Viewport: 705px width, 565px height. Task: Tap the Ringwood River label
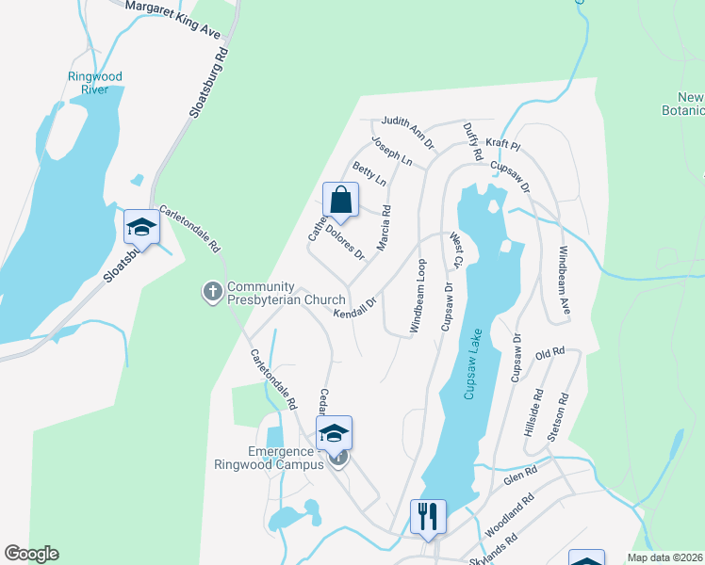pyautogui.click(x=95, y=83)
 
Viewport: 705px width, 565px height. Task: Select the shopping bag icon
pyautogui.click(x=341, y=201)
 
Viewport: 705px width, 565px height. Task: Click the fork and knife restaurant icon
pyautogui.click(x=427, y=515)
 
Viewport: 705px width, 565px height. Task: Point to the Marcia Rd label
pyautogui.click(x=384, y=229)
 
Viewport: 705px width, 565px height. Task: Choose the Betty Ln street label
pyautogui.click(x=369, y=174)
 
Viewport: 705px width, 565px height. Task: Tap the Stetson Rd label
pyautogui.click(x=563, y=411)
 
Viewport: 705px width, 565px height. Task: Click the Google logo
pyautogui.click(x=31, y=554)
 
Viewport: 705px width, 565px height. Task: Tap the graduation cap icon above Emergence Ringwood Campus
pyautogui.click(x=334, y=432)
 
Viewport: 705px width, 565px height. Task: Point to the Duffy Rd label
pyautogui.click(x=473, y=140)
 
